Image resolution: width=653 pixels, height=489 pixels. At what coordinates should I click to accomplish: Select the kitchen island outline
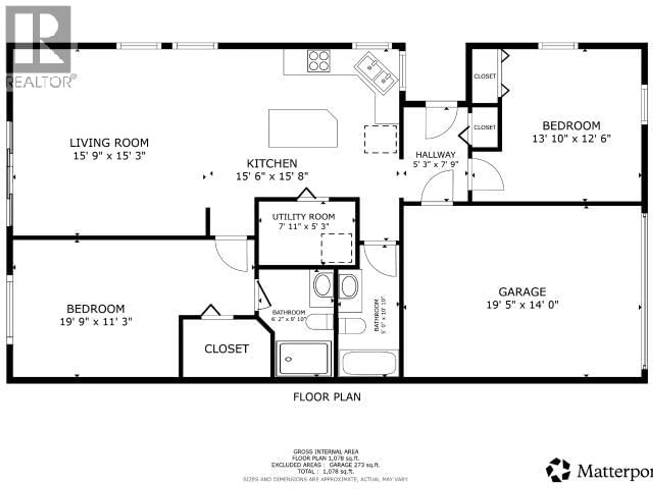point(303,128)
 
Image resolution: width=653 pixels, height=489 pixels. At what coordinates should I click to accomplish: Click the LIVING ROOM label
point(109,143)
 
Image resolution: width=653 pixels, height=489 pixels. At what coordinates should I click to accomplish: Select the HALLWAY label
point(436,155)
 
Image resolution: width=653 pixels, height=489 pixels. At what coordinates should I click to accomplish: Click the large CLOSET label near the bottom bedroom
point(227,349)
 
